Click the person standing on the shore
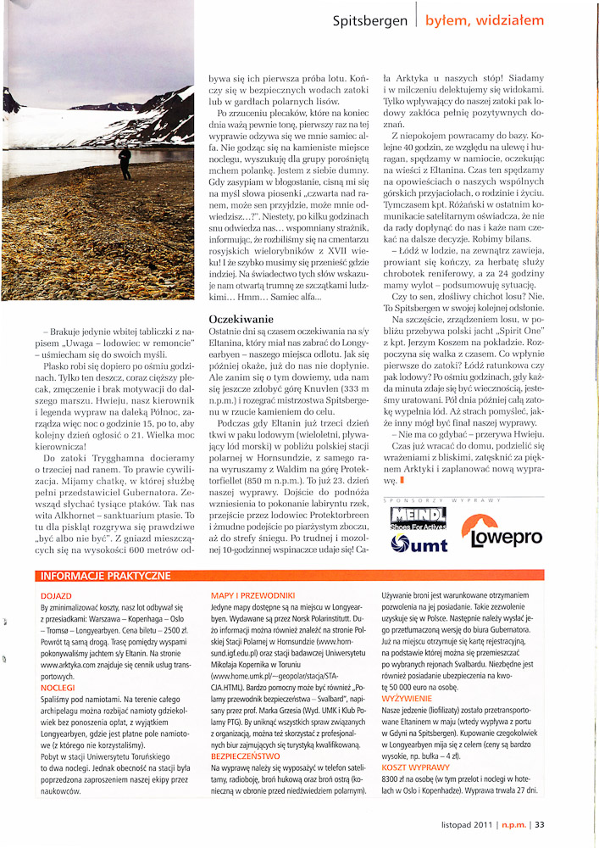(125, 160)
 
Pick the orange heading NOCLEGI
(58, 689)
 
